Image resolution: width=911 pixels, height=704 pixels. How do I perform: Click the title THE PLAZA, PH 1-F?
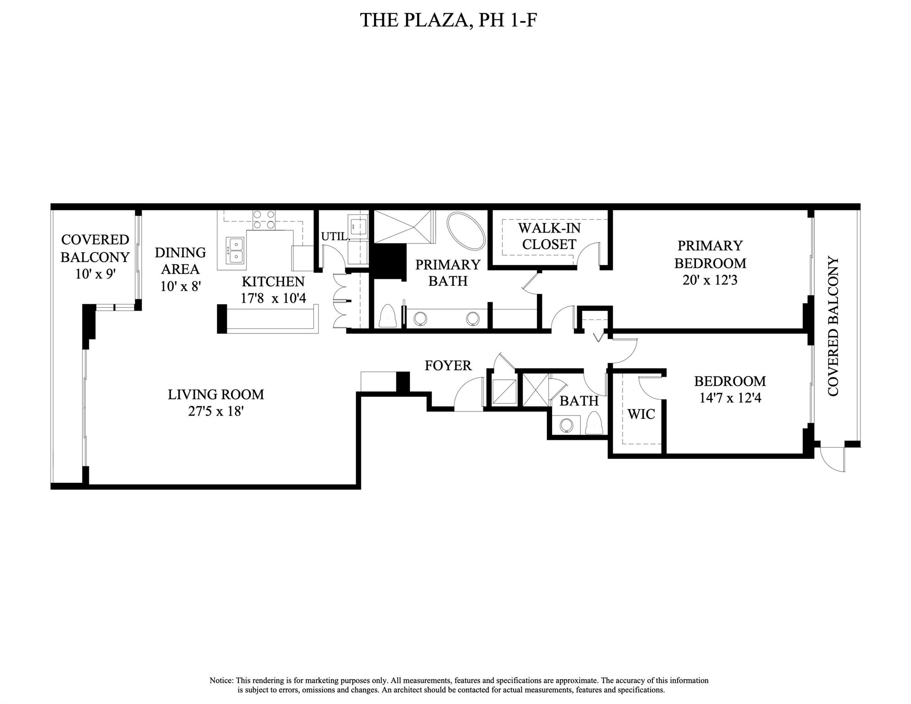[x=448, y=21]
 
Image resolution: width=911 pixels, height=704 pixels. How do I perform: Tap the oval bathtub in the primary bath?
[x=466, y=231]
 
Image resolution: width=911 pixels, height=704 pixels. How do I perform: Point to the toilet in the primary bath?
[x=388, y=316]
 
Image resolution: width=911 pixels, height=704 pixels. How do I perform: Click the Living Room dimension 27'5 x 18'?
[x=215, y=411]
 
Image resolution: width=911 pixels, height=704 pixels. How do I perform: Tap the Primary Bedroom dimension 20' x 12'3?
[x=709, y=280]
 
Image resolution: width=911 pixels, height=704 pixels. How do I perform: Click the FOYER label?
[x=448, y=366]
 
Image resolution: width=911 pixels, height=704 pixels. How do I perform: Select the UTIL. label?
[x=335, y=237]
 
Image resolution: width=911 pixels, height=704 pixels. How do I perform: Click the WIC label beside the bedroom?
[x=641, y=414]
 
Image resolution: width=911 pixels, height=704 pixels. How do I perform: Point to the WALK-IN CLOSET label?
[x=549, y=236]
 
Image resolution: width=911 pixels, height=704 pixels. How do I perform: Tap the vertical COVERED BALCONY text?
[x=833, y=326]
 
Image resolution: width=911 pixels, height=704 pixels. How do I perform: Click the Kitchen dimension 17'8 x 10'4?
[x=273, y=298]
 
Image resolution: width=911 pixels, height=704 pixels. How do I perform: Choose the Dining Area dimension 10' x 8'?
[x=180, y=286]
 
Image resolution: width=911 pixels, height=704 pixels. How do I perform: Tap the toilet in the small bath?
[x=594, y=422]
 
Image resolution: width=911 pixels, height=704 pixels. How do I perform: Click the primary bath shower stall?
[x=403, y=226]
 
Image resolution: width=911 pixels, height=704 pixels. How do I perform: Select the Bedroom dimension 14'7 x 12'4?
[x=730, y=398]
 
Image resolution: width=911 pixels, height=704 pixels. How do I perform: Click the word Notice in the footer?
[x=221, y=681]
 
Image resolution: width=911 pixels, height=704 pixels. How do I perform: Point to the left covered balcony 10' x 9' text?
[x=95, y=274]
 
